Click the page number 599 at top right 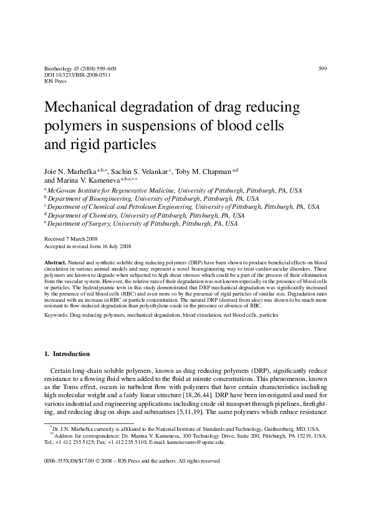(322, 68)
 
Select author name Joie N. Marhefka (70, 171)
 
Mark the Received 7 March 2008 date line (70, 238)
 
